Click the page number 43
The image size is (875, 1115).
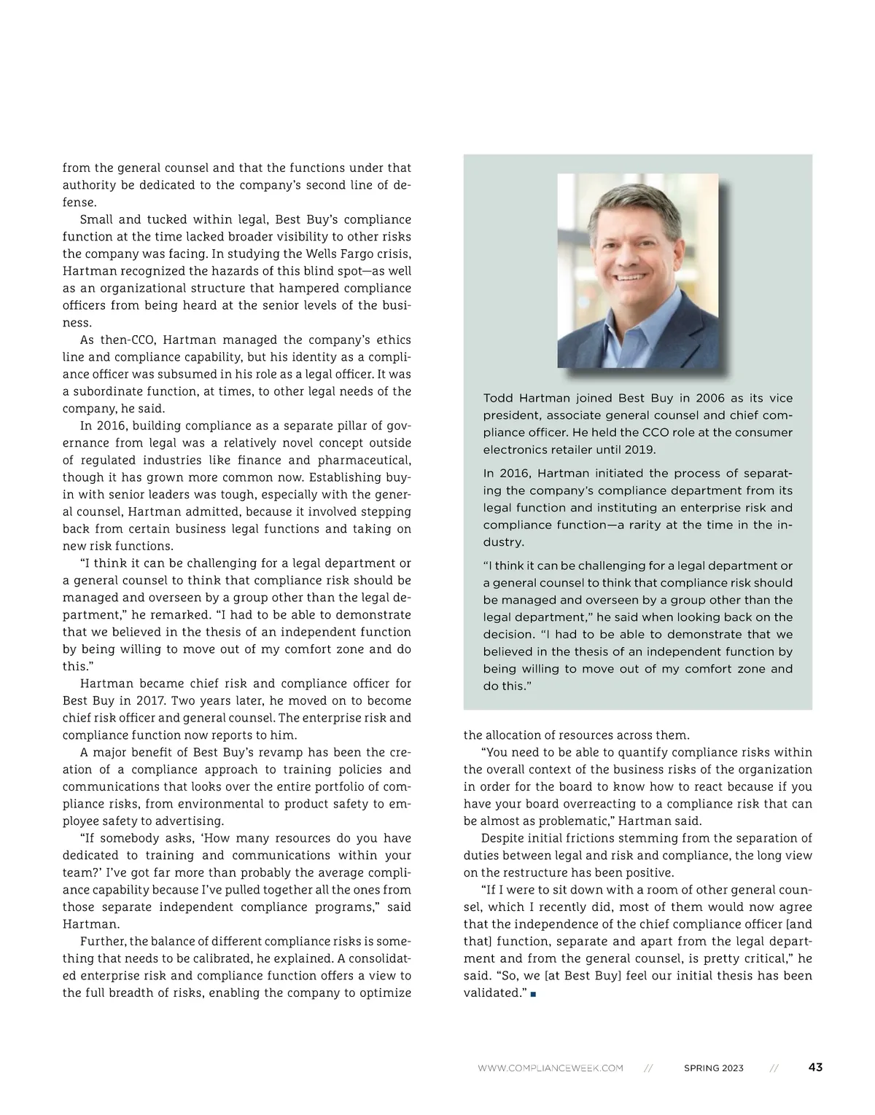pos(815,1067)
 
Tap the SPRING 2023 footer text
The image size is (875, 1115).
pos(713,1068)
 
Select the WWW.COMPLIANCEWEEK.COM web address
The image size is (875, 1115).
pos(551,1068)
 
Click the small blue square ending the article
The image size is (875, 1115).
pos(534,994)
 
